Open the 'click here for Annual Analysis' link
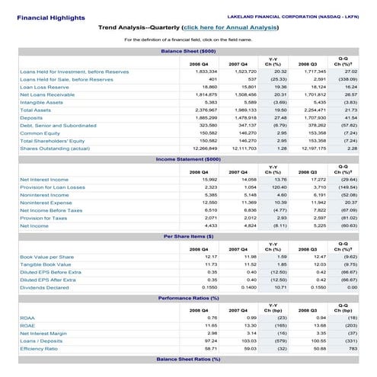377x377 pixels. [229, 27]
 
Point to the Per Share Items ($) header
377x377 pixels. [188, 236]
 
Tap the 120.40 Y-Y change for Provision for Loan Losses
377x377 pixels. [277, 187]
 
